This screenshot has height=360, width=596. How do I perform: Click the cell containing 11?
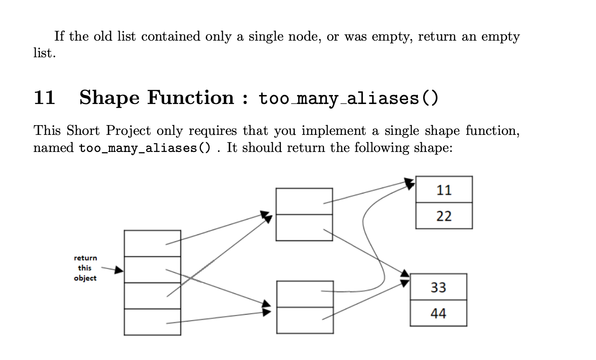pyautogui.click(x=444, y=190)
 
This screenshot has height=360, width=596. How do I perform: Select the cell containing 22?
pyautogui.click(x=444, y=216)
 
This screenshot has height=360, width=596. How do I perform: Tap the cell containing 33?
pyautogui.click(x=438, y=287)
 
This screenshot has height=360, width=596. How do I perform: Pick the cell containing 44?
pyautogui.click(x=438, y=313)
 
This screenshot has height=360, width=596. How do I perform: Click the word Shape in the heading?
pyautogui.click(x=109, y=98)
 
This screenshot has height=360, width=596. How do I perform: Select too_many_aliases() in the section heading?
pyautogui.click(x=348, y=98)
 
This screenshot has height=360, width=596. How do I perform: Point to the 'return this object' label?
pyautogui.click(x=85, y=268)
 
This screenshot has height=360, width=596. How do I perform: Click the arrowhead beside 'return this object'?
pyautogui.click(x=119, y=270)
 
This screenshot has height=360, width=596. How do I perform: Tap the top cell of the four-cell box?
pyautogui.click(x=152, y=243)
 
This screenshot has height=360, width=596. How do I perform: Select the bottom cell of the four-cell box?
pyautogui.click(x=152, y=322)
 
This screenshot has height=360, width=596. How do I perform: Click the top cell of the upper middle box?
pyautogui.click(x=304, y=201)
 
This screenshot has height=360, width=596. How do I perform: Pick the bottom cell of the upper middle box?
pyautogui.click(x=304, y=228)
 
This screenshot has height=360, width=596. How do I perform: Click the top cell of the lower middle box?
pyautogui.click(x=305, y=294)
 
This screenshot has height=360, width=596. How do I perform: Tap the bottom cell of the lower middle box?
pyautogui.click(x=305, y=320)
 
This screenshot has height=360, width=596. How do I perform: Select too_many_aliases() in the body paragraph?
pyautogui.click(x=145, y=148)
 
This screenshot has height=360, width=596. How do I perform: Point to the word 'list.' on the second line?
pyautogui.click(x=44, y=53)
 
